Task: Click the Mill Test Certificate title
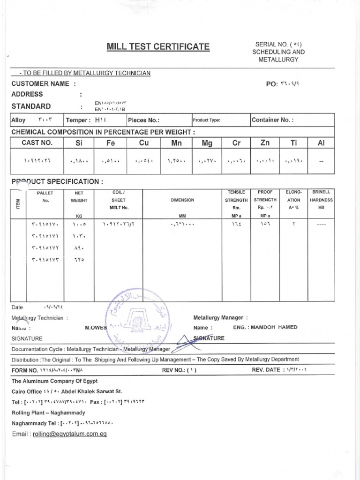tap(158, 46)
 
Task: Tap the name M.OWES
tap(96, 328)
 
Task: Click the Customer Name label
tap(43, 84)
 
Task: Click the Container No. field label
tap(272, 120)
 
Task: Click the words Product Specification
tap(56, 181)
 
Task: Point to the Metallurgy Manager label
tap(220, 317)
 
